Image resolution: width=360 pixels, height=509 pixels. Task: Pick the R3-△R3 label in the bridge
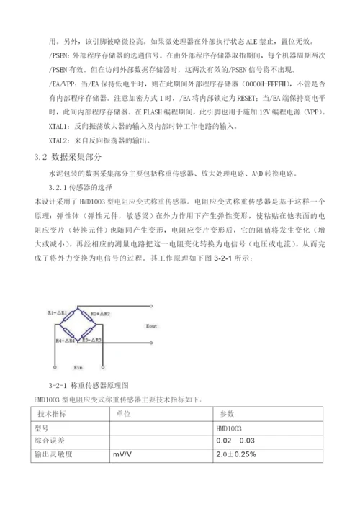click(92, 338)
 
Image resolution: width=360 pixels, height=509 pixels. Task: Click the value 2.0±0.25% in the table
click(236, 455)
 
